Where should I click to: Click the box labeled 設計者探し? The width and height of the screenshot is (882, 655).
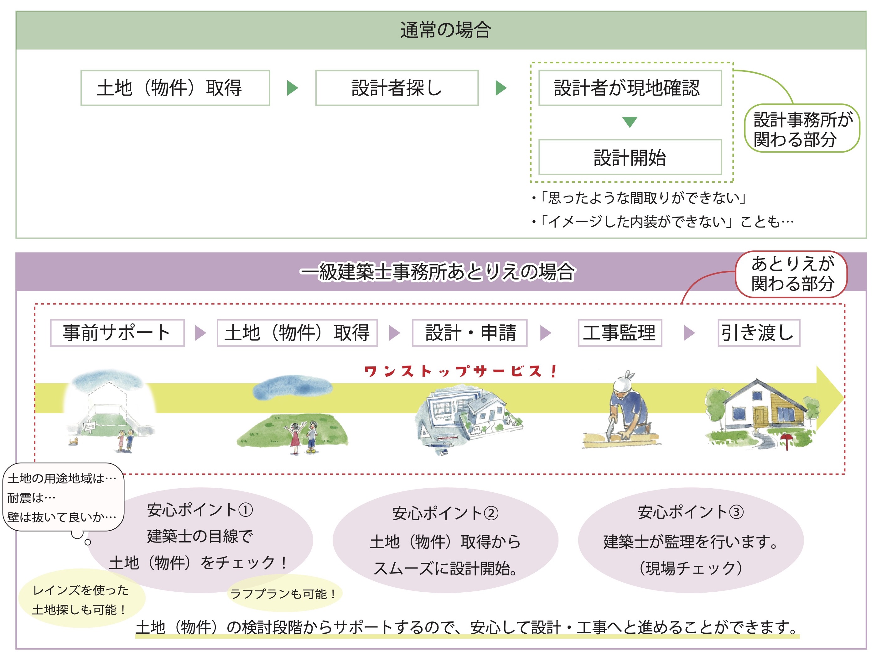pyautogui.click(x=397, y=88)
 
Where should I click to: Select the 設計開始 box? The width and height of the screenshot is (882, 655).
pyautogui.click(x=630, y=157)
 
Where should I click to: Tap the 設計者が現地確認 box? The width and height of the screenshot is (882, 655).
pyautogui.click(x=630, y=88)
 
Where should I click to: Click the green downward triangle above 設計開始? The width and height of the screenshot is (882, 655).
pyautogui.click(x=630, y=122)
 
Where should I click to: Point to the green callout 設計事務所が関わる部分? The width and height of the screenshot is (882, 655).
pyautogui.click(x=802, y=128)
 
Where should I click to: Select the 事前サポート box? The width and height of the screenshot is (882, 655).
pyautogui.click(x=117, y=333)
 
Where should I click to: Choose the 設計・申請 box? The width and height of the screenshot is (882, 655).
pyautogui.click(x=470, y=333)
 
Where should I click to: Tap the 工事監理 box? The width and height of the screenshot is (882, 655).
pyautogui.click(x=620, y=333)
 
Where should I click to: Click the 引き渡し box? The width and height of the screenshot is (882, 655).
pyautogui.click(x=759, y=333)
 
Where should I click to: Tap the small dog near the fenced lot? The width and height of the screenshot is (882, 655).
pyautogui.click(x=73, y=441)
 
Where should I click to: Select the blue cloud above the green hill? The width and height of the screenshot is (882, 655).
pyautogui.click(x=293, y=387)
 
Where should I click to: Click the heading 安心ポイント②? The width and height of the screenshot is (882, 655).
pyautogui.click(x=445, y=513)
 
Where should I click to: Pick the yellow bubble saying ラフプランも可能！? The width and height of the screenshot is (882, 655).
pyautogui.click(x=284, y=594)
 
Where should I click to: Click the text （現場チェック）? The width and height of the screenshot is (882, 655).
pyautogui.click(x=691, y=568)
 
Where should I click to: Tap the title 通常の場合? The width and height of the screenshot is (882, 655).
pyautogui.click(x=446, y=30)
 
